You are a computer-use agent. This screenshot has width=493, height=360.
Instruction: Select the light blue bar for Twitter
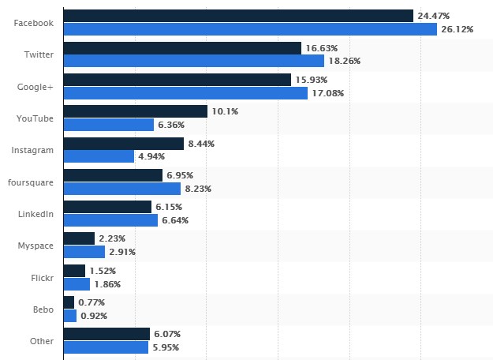tap(193, 61)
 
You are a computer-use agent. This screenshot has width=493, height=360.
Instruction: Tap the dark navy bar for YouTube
tap(135, 111)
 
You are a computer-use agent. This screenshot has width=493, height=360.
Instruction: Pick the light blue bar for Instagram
tap(99, 156)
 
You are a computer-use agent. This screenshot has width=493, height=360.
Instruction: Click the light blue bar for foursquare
tap(121, 189)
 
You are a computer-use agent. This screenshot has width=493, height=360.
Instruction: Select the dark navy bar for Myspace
tap(79, 238)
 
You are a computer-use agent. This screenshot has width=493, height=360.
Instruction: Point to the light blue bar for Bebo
tap(69, 316)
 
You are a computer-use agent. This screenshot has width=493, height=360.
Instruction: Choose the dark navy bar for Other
tap(106, 334)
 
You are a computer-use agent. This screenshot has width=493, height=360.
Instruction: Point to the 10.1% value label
tap(224, 111)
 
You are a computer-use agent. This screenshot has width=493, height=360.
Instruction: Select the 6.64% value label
tap(177, 220)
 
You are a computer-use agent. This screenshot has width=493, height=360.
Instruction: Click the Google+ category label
tap(37, 86)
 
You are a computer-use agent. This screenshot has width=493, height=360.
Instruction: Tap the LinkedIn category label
tap(35, 214)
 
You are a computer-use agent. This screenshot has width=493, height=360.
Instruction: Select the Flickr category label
tap(41, 278)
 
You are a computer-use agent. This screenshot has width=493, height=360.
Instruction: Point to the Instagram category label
tap(33, 150)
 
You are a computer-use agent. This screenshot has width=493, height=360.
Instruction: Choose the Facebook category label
tap(34, 23)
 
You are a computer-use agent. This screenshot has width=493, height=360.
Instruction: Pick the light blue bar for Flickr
tap(77, 284)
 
